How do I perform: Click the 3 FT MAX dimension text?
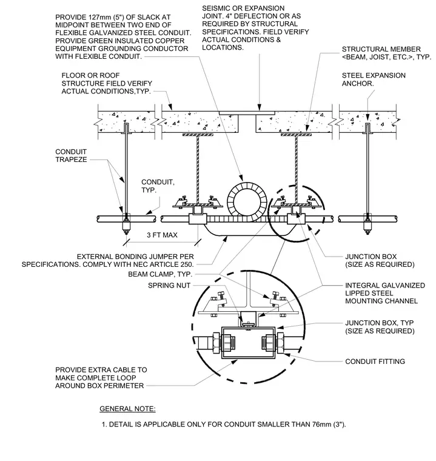162,235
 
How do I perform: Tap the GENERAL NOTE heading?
127,409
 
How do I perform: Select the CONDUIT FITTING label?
375,362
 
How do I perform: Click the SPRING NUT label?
169,285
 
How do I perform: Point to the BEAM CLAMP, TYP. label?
160,274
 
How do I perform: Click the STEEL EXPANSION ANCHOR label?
374,79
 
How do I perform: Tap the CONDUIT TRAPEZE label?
71,155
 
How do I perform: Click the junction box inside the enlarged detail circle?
249,343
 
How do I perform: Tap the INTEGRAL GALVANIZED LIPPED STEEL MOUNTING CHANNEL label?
385,293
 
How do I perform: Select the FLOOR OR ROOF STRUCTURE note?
107,83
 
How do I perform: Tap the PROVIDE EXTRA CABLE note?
101,378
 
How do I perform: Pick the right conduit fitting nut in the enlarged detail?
280,343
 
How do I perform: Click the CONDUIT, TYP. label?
158,186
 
